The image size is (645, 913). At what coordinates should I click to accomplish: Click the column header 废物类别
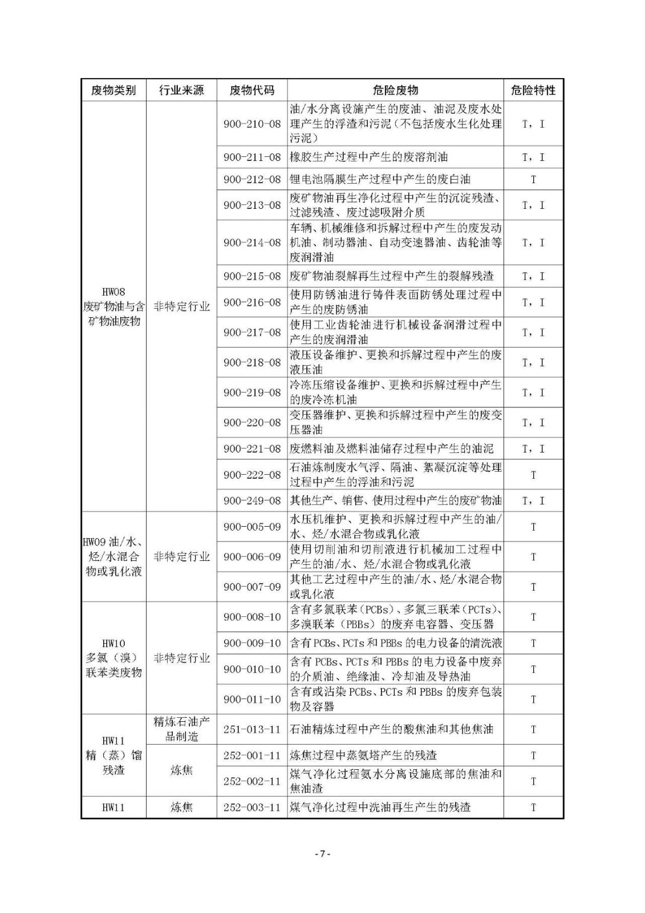coord(113,90)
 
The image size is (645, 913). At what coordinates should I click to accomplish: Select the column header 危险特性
coord(533,90)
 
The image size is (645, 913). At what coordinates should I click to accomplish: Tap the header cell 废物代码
coord(251,90)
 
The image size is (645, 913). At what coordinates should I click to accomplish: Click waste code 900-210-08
coord(252,124)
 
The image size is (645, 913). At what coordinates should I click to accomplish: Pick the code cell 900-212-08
coord(252,179)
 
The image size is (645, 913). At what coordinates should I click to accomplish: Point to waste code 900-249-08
coord(252,500)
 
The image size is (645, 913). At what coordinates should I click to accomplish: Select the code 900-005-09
coord(252,527)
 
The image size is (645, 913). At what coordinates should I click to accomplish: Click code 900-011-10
coord(252,699)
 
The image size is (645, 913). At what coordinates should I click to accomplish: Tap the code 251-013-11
coord(252,729)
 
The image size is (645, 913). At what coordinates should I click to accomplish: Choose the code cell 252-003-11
coord(252,807)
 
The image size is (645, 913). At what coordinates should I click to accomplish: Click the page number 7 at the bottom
coord(322,854)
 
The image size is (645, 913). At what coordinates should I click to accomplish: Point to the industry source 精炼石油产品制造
coord(181,729)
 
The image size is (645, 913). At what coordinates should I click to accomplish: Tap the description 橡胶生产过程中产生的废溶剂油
coord(369,157)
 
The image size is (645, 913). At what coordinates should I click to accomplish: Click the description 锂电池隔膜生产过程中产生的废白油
coord(380,179)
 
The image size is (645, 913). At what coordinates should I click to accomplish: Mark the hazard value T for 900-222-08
coord(533,475)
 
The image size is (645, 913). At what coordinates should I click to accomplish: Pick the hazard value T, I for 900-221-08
coord(533,449)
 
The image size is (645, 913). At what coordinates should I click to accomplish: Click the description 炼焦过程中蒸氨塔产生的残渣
coord(363,756)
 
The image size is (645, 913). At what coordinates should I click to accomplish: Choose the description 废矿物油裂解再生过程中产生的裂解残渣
coord(391,276)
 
